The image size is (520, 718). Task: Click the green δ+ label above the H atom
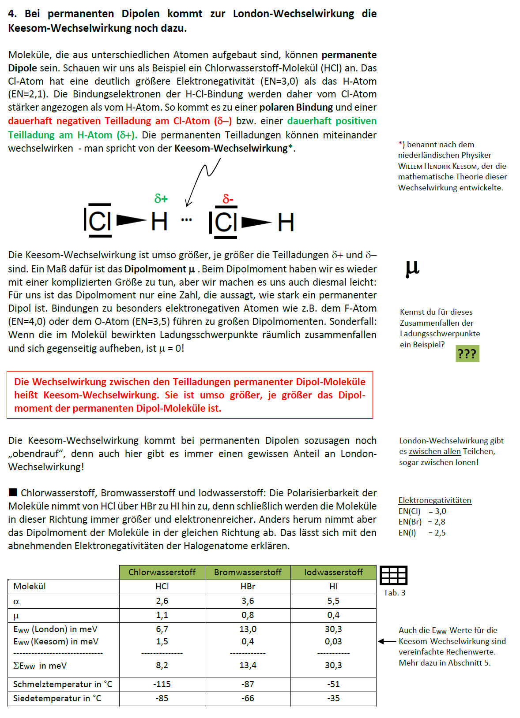click(x=161, y=198)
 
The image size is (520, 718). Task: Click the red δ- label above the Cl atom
click(x=228, y=199)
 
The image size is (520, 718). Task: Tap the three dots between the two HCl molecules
click(x=186, y=220)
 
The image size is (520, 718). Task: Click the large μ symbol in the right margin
click(x=412, y=268)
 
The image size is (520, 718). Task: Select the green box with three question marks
click(x=467, y=353)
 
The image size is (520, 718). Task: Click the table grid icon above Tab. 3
click(x=393, y=575)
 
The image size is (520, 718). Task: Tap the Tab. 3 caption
click(x=395, y=593)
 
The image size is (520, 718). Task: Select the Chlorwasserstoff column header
click(x=162, y=572)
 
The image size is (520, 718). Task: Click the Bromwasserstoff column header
click(x=248, y=572)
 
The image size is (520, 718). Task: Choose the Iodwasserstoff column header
click(x=334, y=572)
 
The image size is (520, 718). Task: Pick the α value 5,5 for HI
click(x=334, y=601)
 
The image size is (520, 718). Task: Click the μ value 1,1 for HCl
click(x=162, y=615)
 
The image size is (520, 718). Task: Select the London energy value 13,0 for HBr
click(x=248, y=629)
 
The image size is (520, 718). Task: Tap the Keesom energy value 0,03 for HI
click(x=334, y=641)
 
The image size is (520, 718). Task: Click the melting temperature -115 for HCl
click(x=162, y=684)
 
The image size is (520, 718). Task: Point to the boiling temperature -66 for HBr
click(x=248, y=698)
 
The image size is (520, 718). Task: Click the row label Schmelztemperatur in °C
click(x=63, y=685)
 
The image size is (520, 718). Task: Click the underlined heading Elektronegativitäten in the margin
click(x=435, y=500)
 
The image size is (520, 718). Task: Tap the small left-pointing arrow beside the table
click(x=387, y=641)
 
